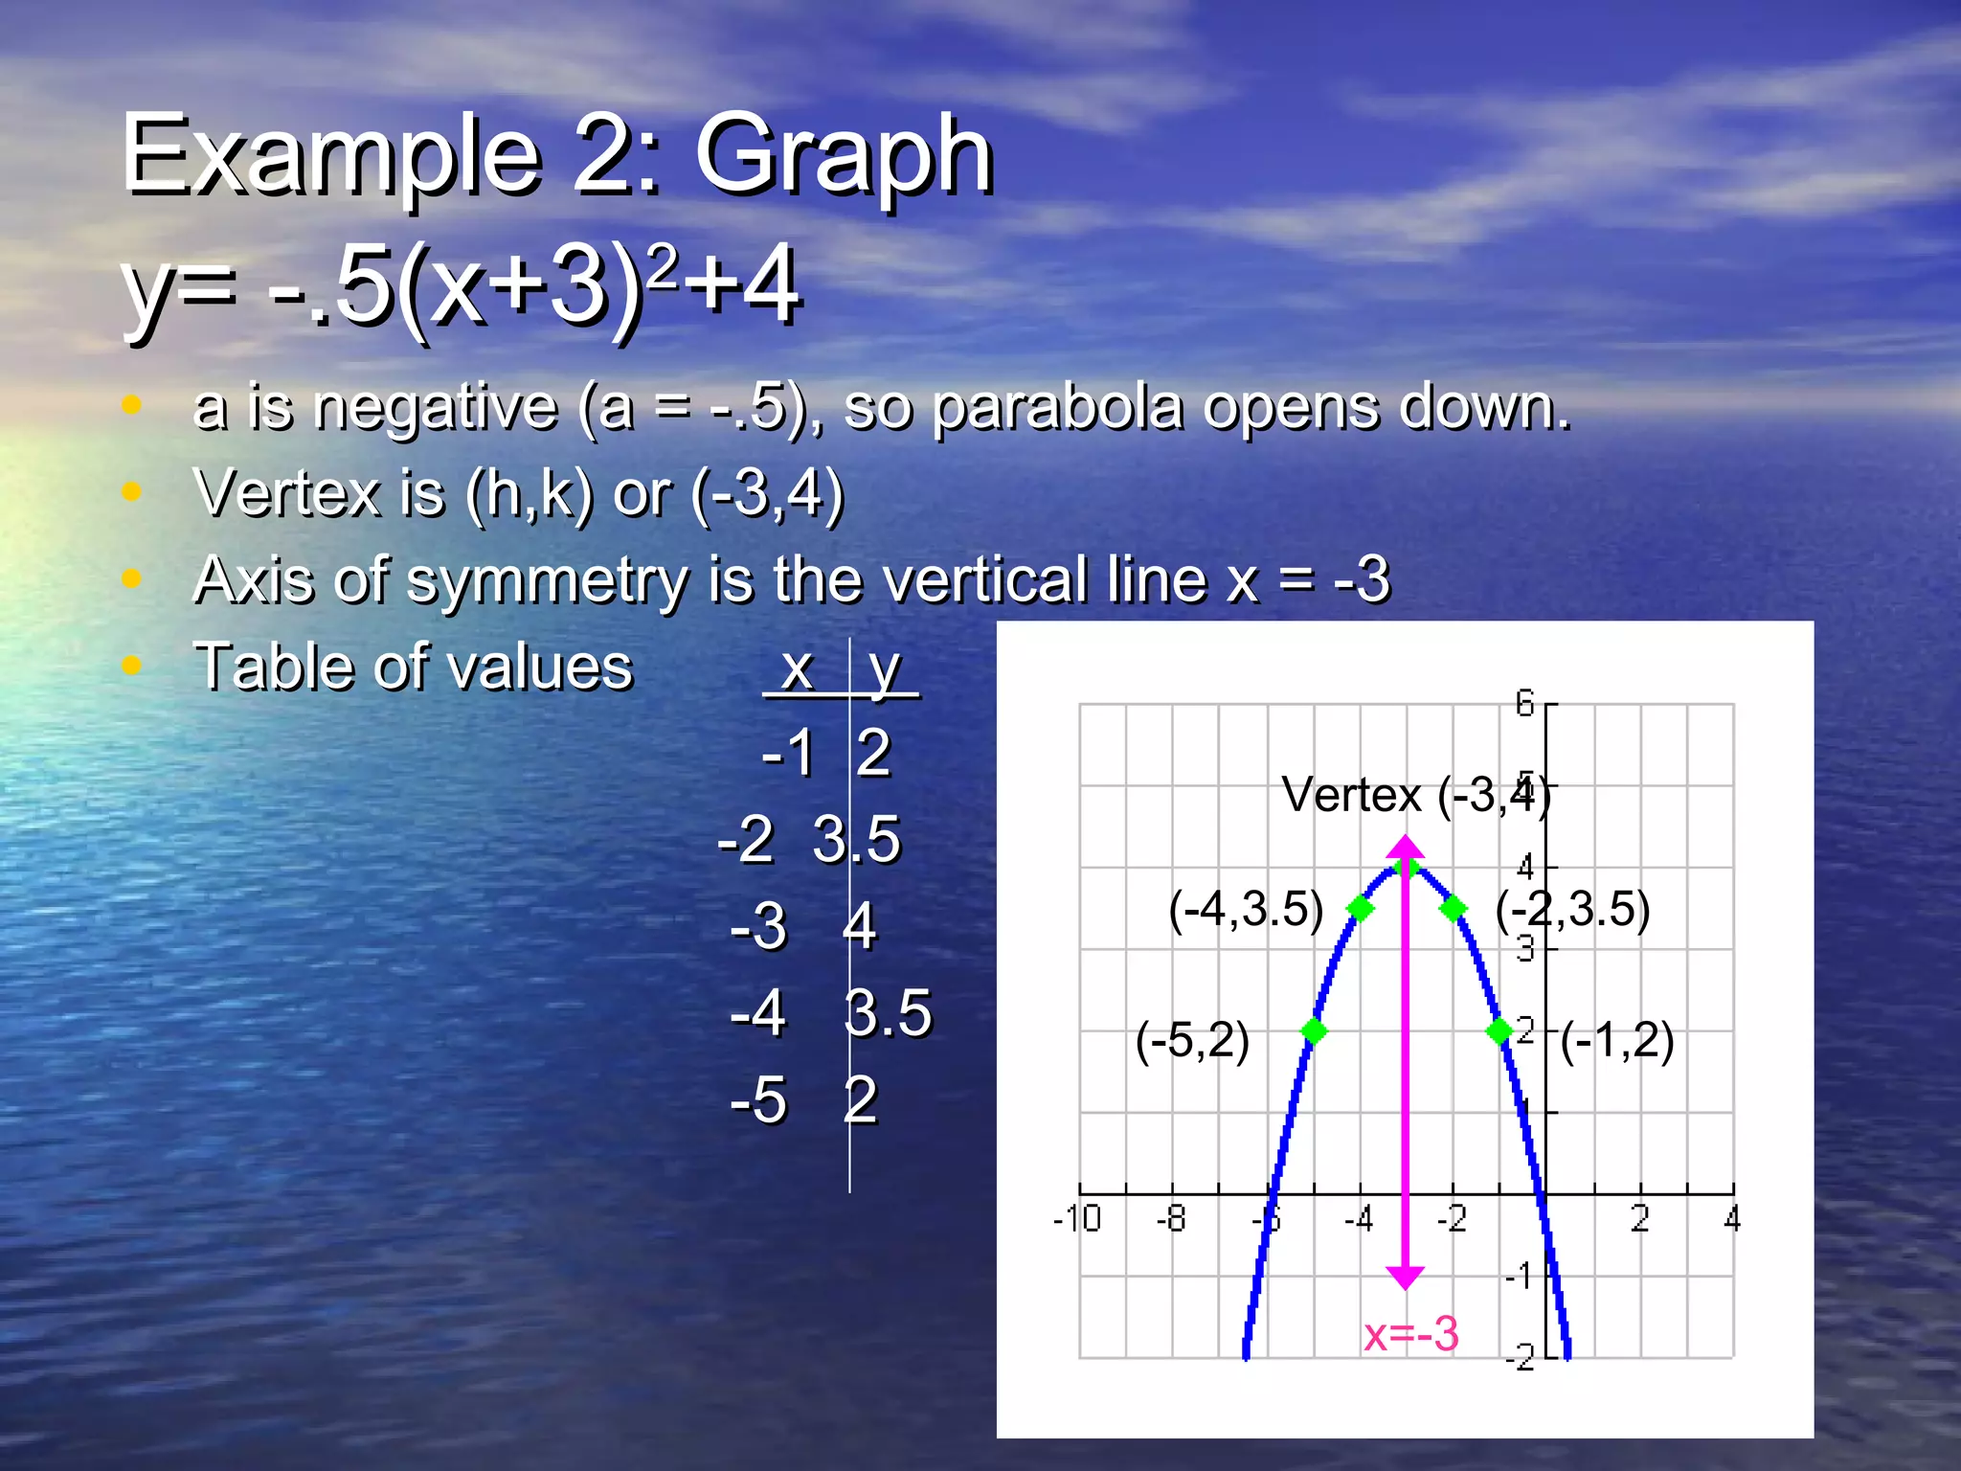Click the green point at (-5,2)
tap(1314, 1031)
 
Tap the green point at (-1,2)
tap(1499, 1031)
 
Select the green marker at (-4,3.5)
tap(1361, 908)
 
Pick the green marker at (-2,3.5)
tap(1454, 908)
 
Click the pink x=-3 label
tap(1410, 1334)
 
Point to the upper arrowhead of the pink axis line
tap(1406, 847)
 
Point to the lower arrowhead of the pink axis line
tap(1406, 1278)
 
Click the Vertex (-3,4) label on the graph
tap(1415, 795)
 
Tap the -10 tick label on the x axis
tap(1077, 1219)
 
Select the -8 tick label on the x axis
tap(1171, 1219)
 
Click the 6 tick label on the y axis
tap(1524, 705)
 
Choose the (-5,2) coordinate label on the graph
tap(1192, 1040)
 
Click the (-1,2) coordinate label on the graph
tap(1617, 1040)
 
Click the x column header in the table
tap(797, 668)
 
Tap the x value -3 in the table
tap(758, 926)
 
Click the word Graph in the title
tap(844, 155)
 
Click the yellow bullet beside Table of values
tap(132, 665)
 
